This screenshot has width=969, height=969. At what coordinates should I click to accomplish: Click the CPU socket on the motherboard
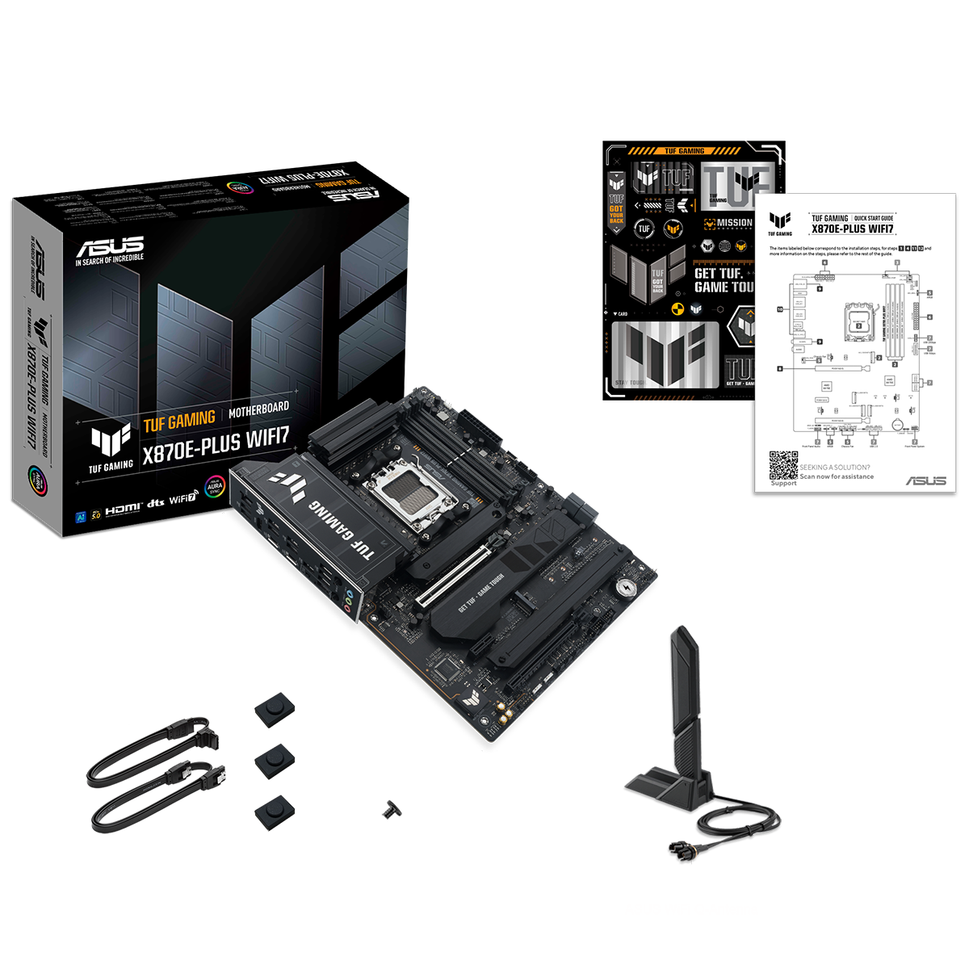tap(413, 493)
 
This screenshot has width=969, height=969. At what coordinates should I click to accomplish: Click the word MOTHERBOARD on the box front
tap(258, 412)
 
